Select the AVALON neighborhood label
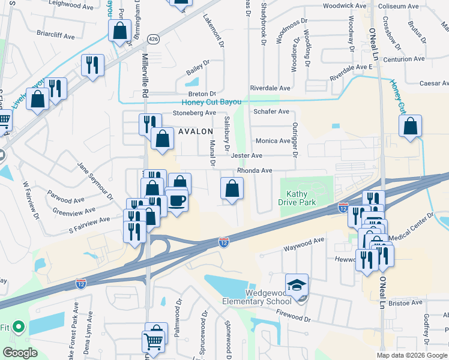pos(195,131)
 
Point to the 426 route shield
pos(154,39)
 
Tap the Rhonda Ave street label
pos(255,170)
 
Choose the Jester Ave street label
pos(246,155)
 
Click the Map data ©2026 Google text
pos(411,355)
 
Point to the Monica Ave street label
pos(273,141)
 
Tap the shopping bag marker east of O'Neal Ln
pos(410,127)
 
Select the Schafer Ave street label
pos(271,112)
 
